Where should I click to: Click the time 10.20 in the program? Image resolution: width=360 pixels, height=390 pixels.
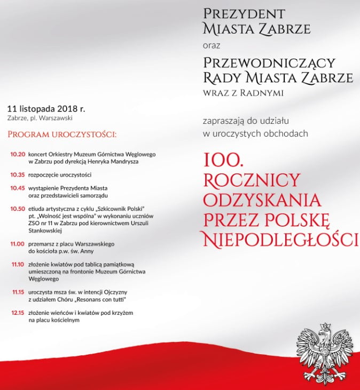[x=18, y=154]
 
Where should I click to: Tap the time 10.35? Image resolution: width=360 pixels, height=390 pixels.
[x=18, y=174]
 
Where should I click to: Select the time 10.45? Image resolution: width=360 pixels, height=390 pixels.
[x=18, y=188]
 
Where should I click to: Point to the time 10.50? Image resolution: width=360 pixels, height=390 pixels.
[x=18, y=208]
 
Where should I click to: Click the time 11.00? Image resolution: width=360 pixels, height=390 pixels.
[x=18, y=243]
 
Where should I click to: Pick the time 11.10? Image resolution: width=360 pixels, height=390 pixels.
[x=18, y=264]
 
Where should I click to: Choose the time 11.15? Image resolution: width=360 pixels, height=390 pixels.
[x=18, y=292]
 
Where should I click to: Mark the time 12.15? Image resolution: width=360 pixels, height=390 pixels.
[x=18, y=312]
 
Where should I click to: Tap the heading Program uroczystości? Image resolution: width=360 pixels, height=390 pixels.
[x=62, y=133]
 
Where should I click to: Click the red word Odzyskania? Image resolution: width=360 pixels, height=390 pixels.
[x=263, y=200]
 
